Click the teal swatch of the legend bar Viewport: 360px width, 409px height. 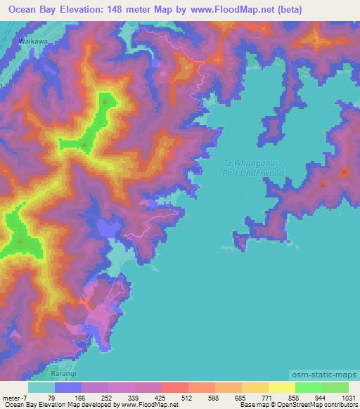pos(41,387)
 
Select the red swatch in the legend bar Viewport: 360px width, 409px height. pos(175,387)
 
